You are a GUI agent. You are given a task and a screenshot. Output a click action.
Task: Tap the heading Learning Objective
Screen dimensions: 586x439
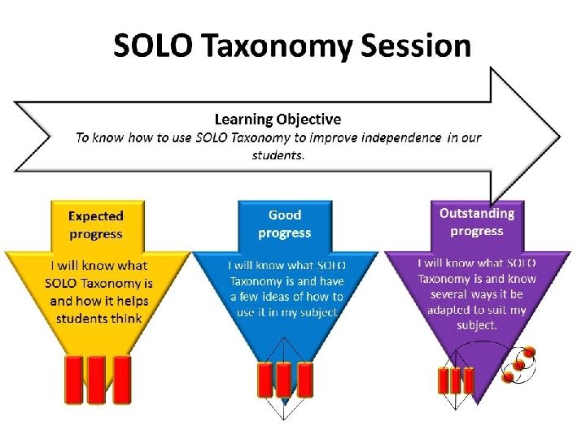click(x=278, y=120)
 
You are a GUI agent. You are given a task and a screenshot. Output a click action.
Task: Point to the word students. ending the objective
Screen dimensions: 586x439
click(x=278, y=155)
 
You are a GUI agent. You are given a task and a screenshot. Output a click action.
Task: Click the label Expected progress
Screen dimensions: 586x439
click(x=95, y=225)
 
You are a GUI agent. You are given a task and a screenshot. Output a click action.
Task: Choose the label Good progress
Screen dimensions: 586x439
click(x=285, y=224)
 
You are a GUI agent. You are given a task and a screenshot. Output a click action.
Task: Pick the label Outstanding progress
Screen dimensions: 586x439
click(x=477, y=222)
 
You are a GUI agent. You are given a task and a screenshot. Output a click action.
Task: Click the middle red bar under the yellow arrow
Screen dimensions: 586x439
click(x=97, y=378)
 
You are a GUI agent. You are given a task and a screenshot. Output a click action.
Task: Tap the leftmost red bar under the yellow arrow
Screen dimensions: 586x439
click(x=73, y=378)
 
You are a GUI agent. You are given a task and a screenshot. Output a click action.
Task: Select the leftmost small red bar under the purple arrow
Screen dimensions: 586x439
click(x=444, y=380)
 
